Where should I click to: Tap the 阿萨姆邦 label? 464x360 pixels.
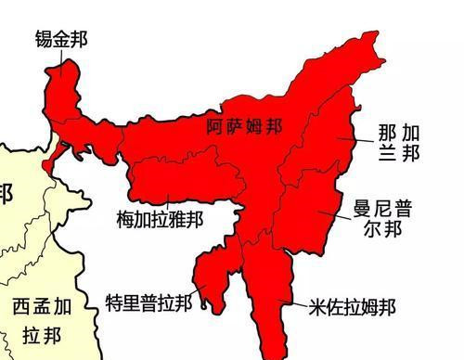pyautogui.click(x=244, y=129)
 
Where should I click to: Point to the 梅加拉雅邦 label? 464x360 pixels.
pyautogui.click(x=160, y=220)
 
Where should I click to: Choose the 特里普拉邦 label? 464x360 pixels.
pyautogui.click(x=149, y=302)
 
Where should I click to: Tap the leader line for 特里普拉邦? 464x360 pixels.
pyautogui.click(x=201, y=302)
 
